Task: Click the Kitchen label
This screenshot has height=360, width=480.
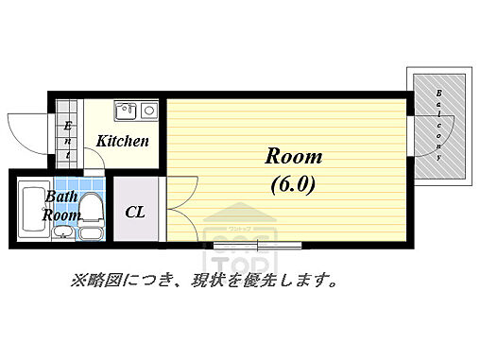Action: [x=123, y=141]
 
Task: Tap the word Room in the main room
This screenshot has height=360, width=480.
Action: [x=292, y=156]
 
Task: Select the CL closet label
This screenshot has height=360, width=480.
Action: [x=135, y=211]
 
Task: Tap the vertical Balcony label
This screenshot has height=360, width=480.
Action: [x=440, y=125]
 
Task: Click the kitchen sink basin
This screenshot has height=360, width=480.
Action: [x=127, y=111]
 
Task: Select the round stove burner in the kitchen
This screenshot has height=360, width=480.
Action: [x=148, y=111]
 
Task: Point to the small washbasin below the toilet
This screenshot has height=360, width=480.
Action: [x=91, y=232]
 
